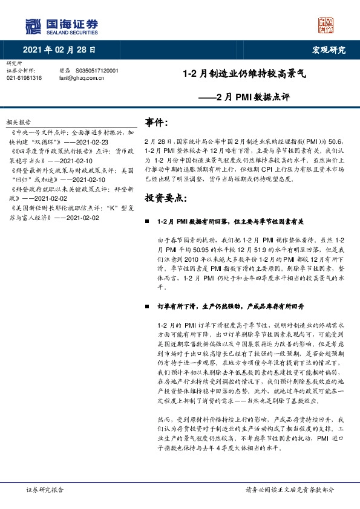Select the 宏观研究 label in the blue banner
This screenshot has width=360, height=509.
(x=329, y=50)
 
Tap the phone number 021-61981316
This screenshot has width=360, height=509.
(x=24, y=78)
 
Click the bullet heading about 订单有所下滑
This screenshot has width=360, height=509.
(x=225, y=306)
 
